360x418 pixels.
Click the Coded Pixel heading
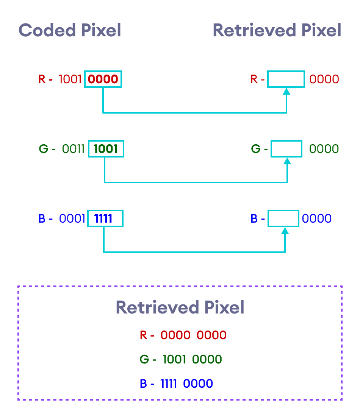(x=70, y=30)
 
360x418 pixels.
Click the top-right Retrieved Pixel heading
(x=277, y=30)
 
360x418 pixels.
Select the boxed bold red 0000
(x=103, y=80)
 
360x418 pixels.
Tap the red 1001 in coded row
(x=70, y=80)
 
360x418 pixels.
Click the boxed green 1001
(x=106, y=149)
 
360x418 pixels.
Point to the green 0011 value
(x=73, y=149)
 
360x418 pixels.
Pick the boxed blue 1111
(x=103, y=218)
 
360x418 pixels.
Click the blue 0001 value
(x=72, y=218)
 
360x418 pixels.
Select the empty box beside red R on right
(x=286, y=79)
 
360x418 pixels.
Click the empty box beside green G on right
(x=286, y=149)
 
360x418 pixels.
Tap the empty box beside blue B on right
(x=283, y=218)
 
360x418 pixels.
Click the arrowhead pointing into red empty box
(x=286, y=91)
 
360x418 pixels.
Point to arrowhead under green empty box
(x=287, y=161)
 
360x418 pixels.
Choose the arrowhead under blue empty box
(x=285, y=230)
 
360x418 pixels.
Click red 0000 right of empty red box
(x=324, y=80)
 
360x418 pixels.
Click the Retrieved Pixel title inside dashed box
(x=180, y=307)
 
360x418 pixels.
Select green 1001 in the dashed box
(x=174, y=359)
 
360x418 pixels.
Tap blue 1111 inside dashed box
(x=169, y=384)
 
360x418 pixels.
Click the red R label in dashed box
(x=143, y=335)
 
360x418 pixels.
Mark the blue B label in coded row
(x=42, y=218)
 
